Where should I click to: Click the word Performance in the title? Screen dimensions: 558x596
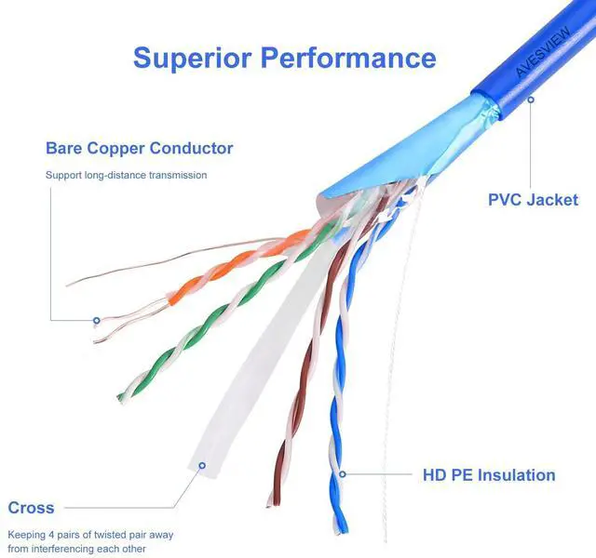346,57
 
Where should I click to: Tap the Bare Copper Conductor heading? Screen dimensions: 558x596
139,148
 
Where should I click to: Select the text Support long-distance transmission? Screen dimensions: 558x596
126,175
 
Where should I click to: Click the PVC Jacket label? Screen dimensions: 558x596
533,200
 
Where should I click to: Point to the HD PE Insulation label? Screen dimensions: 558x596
488,475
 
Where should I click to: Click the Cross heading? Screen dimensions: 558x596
31,508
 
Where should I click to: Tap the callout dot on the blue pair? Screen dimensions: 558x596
343,475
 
